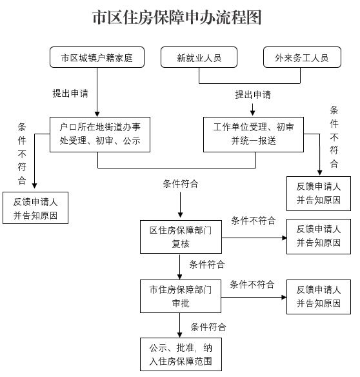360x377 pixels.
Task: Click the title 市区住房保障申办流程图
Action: click(x=177, y=17)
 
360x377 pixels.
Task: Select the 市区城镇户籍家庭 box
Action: click(x=97, y=57)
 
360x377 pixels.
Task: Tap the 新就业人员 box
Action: click(x=199, y=57)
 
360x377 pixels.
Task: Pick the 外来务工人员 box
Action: click(x=302, y=57)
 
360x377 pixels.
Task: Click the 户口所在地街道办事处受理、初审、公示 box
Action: click(x=100, y=134)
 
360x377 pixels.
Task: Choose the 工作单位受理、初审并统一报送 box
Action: click(x=254, y=134)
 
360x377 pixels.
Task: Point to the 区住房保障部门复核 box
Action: click(x=181, y=237)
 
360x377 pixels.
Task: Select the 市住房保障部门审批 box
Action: click(x=181, y=296)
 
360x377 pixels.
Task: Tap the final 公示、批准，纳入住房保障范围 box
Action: click(x=181, y=354)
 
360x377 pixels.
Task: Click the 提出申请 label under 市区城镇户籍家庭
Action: click(x=70, y=94)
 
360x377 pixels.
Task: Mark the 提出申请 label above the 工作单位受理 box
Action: click(x=253, y=94)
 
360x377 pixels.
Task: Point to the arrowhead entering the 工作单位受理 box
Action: click(x=252, y=113)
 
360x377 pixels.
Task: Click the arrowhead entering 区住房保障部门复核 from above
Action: click(x=181, y=215)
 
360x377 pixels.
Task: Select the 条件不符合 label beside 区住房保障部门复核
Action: click(x=254, y=220)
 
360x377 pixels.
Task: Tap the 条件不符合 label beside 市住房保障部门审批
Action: click(x=252, y=285)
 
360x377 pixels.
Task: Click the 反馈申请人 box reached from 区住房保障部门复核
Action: click(x=319, y=236)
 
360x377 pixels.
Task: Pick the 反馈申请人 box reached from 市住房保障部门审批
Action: click(x=319, y=297)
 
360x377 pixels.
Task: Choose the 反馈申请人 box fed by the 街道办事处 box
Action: click(x=35, y=208)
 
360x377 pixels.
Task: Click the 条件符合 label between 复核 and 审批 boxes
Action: click(x=207, y=265)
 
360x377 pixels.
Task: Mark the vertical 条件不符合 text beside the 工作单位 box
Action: click(x=334, y=137)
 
